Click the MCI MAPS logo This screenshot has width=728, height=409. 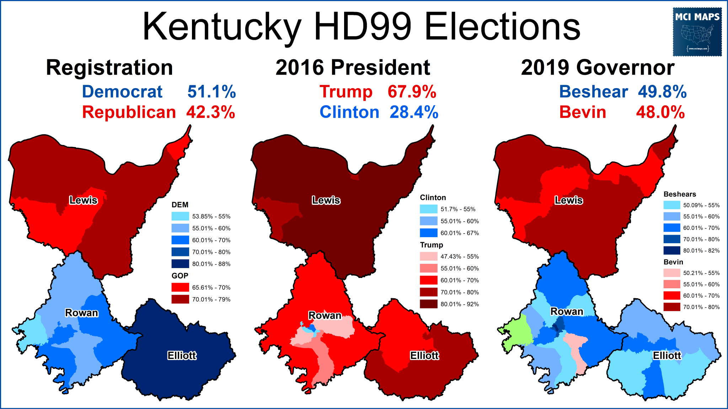[697, 32]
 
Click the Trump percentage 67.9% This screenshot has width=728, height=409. [412, 92]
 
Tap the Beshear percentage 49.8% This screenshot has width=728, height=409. [662, 92]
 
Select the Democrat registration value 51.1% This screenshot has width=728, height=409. [212, 92]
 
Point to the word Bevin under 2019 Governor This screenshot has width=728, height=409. [583, 112]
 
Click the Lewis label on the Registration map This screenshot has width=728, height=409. [83, 200]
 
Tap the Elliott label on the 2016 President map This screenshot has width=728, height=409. [424, 355]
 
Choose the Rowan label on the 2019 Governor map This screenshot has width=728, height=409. [567, 312]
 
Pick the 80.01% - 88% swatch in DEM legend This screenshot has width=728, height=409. [180, 264]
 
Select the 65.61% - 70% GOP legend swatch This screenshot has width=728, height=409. [180, 287]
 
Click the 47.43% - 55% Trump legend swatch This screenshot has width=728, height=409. [428, 256]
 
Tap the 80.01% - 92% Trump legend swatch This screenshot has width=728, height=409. [428, 304]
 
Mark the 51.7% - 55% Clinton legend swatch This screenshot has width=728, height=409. [428, 209]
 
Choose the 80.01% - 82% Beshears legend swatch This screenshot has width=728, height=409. [671, 250]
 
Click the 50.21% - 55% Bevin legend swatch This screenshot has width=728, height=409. [671, 273]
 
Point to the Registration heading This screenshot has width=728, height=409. [109, 67]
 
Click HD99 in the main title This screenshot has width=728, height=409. [363, 27]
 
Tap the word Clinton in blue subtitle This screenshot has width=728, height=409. [349, 112]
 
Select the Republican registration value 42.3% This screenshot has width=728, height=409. [210, 112]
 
